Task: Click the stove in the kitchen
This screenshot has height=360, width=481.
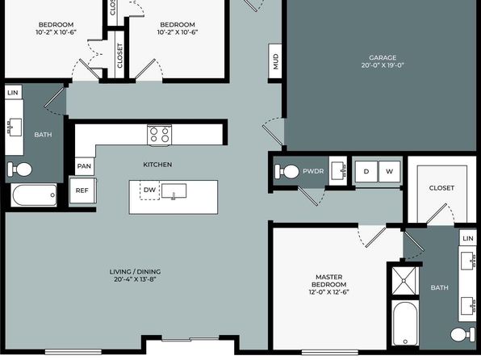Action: (160, 135)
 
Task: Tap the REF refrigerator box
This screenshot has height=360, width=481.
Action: (82, 190)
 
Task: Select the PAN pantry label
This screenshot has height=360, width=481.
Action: (84, 166)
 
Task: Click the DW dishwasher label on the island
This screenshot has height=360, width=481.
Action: (149, 190)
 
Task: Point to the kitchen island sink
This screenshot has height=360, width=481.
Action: (174, 191)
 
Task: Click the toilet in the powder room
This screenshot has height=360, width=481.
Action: (287, 172)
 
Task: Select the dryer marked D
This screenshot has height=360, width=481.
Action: (366, 172)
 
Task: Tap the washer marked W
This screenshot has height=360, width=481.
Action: (389, 172)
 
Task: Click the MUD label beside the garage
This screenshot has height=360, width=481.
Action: (275, 61)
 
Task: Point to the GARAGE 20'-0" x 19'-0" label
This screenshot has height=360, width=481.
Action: (383, 61)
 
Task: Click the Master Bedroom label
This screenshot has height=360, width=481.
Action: (328, 284)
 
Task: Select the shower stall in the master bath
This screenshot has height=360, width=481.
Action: (404, 281)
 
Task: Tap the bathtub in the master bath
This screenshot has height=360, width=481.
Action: (405, 323)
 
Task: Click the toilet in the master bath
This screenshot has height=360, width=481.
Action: (462, 334)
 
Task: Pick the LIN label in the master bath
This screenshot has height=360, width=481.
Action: (468, 238)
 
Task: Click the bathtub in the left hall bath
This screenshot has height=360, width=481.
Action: (35, 195)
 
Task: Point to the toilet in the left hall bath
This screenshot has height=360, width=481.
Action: (19, 170)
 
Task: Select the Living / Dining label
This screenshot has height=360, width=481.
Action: (135, 275)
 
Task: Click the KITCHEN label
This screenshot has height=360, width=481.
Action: (157, 165)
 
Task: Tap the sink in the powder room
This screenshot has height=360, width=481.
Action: (339, 171)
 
